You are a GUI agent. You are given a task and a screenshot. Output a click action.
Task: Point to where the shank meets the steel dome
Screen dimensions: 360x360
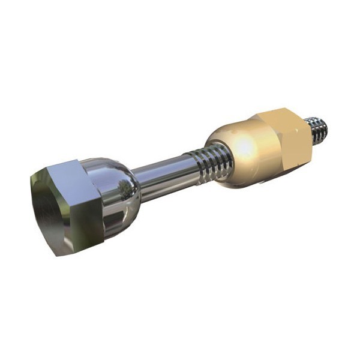pos(139,180)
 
